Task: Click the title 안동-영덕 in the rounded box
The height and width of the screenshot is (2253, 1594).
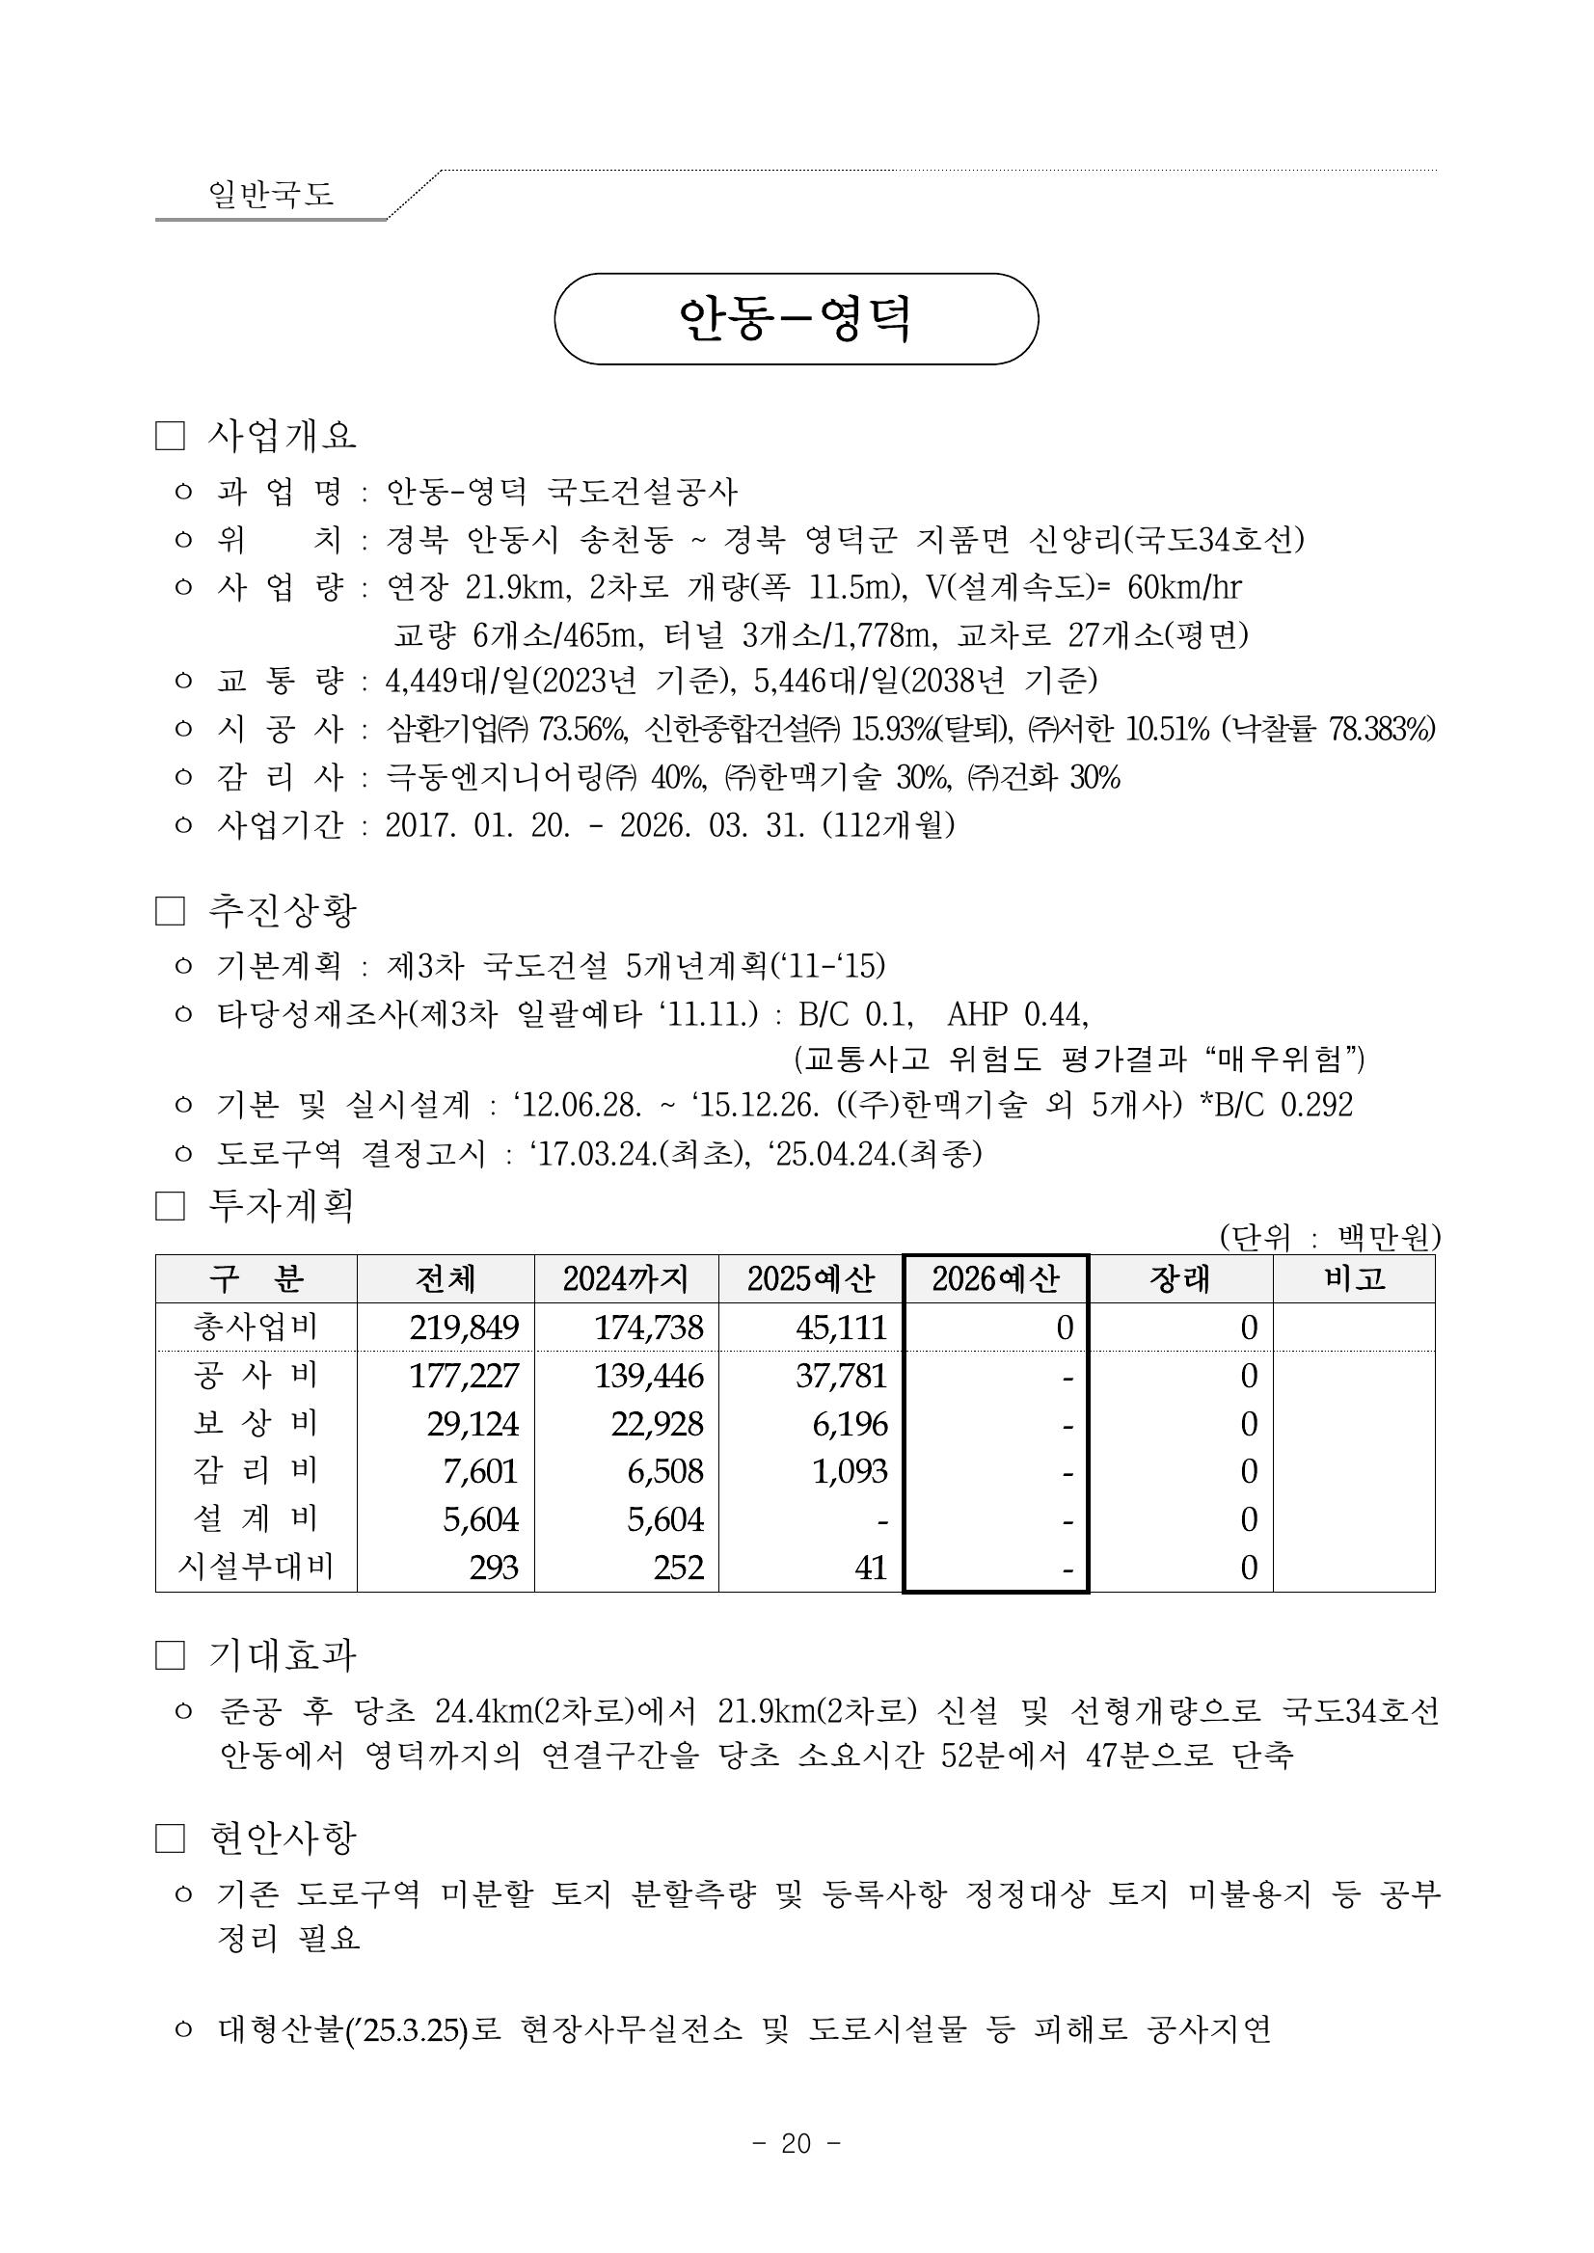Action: tap(795, 319)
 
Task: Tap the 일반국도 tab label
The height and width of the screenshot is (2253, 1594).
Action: tap(271, 194)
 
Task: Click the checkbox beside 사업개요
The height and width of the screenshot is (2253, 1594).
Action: tap(170, 437)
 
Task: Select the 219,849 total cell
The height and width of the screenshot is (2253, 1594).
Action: tap(463, 1328)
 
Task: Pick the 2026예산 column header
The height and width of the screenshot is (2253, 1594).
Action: tap(995, 1278)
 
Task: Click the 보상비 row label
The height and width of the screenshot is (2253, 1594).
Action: tap(256, 1423)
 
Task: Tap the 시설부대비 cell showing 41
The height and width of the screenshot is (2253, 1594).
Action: tap(871, 1568)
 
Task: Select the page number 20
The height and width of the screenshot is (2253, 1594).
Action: tap(796, 2144)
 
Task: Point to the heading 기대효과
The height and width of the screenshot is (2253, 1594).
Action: tap(283, 1655)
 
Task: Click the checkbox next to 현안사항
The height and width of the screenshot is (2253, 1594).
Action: tap(170, 1837)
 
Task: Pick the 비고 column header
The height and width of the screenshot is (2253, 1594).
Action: tap(1354, 1278)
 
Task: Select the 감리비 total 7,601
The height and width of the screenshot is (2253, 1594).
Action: tap(480, 1471)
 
